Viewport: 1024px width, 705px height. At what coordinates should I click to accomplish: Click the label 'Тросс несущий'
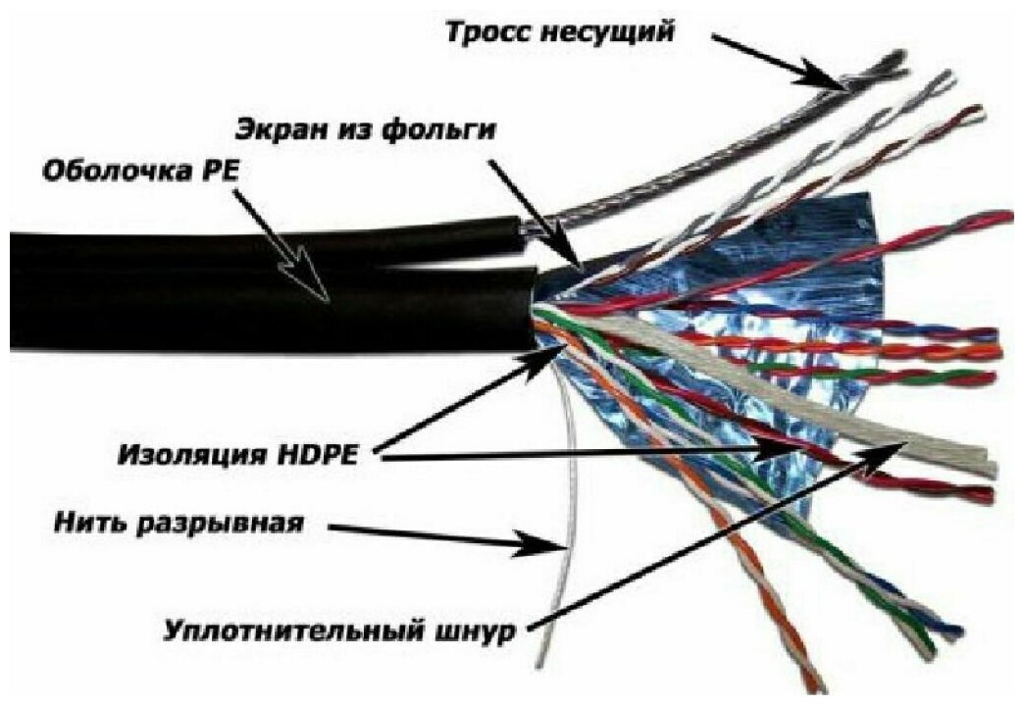pyautogui.click(x=561, y=31)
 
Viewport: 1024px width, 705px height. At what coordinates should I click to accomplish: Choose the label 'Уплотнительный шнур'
pyautogui.click(x=339, y=629)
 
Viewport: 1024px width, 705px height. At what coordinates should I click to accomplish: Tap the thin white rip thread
pyautogui.click(x=562, y=549)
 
